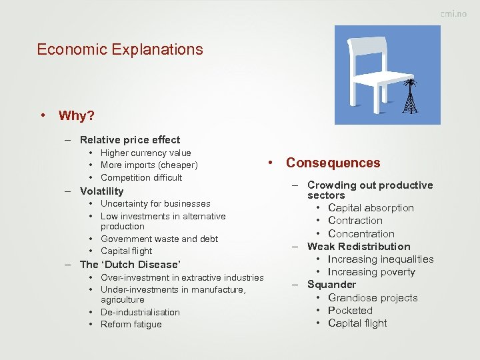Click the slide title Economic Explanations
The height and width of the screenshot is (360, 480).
[120, 49]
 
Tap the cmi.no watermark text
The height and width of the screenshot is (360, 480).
[453, 14]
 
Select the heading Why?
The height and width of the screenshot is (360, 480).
[76, 116]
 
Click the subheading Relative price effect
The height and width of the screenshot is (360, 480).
[130, 140]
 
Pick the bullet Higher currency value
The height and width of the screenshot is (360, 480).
[145, 153]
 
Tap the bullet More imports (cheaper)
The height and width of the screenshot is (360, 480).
[149, 165]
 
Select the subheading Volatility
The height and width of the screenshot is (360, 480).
[101, 191]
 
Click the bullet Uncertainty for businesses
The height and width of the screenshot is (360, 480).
[155, 204]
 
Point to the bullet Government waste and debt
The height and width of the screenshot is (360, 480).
[159, 239]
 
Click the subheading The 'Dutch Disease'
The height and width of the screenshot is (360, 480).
[130, 265]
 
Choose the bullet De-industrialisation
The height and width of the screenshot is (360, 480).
[140, 312]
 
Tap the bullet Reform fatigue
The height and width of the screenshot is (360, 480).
[131, 325]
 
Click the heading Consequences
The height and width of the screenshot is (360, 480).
[333, 163]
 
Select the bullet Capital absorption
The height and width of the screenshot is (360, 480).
[371, 208]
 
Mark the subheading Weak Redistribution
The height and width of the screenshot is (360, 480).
[359, 247]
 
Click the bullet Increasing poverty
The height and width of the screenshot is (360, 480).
[371, 272]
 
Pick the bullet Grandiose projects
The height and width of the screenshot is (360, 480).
[373, 298]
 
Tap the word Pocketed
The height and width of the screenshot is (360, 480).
[350, 311]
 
